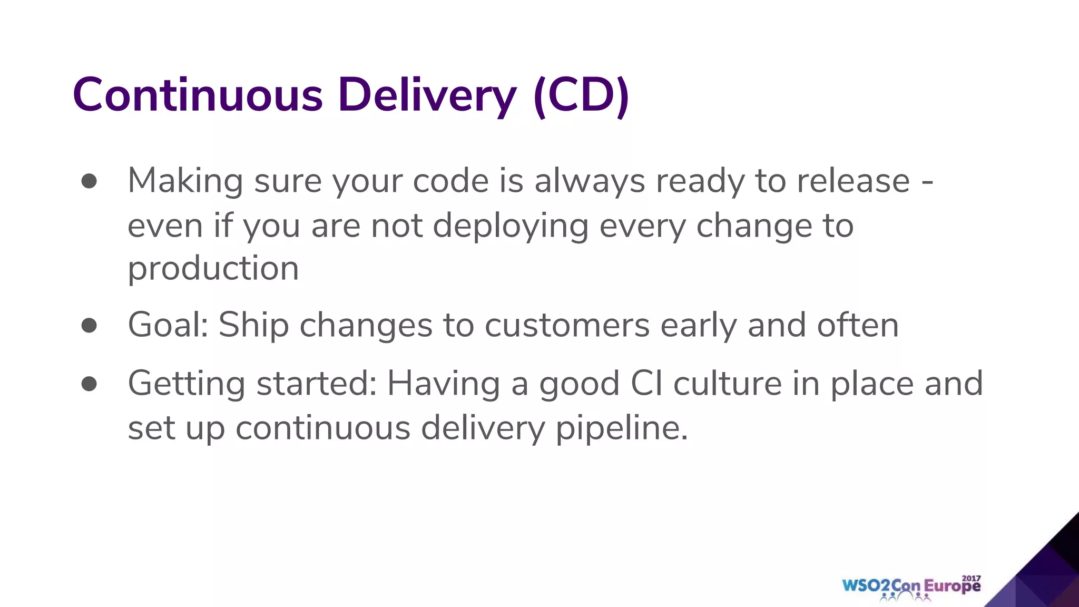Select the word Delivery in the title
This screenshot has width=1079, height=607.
(x=427, y=96)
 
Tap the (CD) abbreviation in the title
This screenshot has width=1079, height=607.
(x=581, y=96)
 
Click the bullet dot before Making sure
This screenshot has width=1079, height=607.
(x=89, y=181)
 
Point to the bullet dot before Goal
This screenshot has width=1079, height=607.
(x=89, y=325)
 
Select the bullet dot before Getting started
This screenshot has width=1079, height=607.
(x=89, y=384)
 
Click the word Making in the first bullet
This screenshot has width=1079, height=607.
(x=185, y=181)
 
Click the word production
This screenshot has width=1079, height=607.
(x=213, y=269)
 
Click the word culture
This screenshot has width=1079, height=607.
(x=728, y=384)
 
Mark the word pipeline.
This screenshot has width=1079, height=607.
(x=622, y=428)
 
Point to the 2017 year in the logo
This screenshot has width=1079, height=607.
(x=972, y=578)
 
